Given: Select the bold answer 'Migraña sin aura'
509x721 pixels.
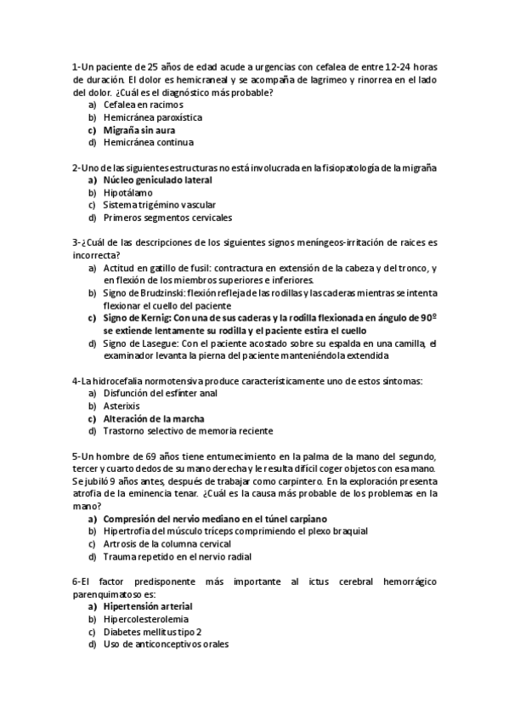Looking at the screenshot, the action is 139,130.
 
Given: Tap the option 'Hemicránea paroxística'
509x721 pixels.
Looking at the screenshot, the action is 152,117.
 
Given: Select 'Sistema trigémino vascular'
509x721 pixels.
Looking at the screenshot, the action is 159,205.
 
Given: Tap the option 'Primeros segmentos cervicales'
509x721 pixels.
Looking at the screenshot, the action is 164,218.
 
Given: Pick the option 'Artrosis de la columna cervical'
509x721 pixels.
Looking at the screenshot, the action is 167,544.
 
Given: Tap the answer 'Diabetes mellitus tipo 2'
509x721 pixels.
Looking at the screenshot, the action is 152,632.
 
